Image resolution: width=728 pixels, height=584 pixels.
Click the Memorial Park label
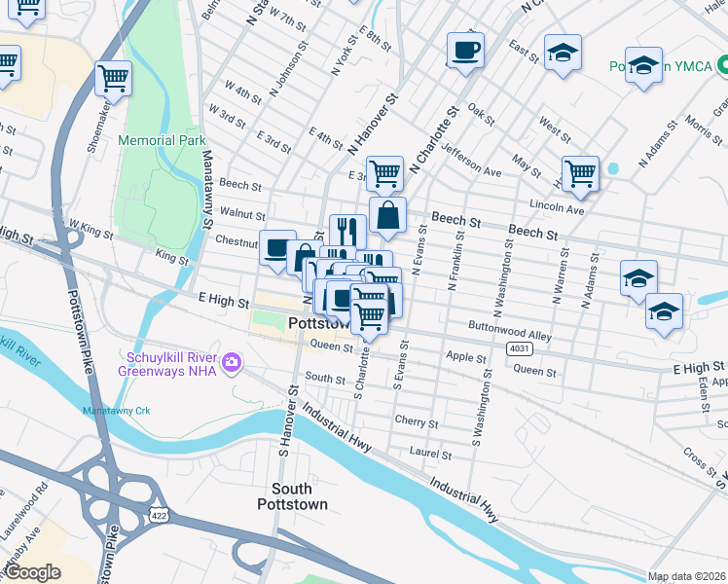162,140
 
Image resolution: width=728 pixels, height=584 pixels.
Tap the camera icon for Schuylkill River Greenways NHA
231,363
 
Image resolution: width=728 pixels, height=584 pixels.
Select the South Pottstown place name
292,496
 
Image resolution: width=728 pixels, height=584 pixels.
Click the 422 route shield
157,512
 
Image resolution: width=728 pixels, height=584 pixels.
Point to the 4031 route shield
519,347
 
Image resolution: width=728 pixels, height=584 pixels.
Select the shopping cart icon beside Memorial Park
113,77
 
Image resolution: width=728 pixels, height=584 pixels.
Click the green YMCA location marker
723,66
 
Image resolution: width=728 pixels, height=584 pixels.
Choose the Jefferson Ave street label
470,159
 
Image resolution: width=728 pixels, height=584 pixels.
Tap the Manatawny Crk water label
116,411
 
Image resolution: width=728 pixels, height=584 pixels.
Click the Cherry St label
417,420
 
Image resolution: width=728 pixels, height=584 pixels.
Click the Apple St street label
465,358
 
